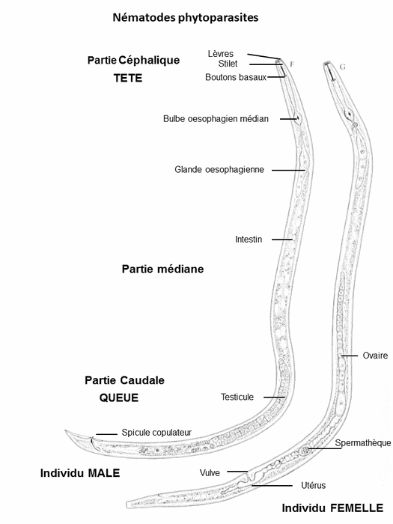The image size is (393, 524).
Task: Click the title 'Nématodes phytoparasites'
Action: pyautogui.click(x=186, y=18)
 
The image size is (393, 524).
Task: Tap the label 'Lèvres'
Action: pyautogui.click(x=221, y=53)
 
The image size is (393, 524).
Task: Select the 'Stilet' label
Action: pyautogui.click(x=228, y=64)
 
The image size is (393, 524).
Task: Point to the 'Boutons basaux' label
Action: pyautogui.click(x=236, y=77)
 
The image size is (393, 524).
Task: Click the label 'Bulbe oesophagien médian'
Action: pyautogui.click(x=216, y=119)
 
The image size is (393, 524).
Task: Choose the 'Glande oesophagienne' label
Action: pyautogui.click(x=219, y=170)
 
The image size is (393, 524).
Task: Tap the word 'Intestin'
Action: pyautogui.click(x=249, y=240)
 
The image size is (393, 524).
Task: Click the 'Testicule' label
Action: pyautogui.click(x=237, y=397)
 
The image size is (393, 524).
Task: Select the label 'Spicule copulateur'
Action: pyautogui.click(x=156, y=433)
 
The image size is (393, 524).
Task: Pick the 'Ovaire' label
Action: pyautogui.click(x=375, y=356)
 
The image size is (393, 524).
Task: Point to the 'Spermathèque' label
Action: pyautogui.click(x=363, y=443)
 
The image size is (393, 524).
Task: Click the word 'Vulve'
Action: pyautogui.click(x=210, y=473)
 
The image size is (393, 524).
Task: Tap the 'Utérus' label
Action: pyautogui.click(x=313, y=485)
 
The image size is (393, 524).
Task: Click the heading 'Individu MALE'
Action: pyautogui.click(x=80, y=473)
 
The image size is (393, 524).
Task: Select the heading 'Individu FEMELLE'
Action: pyautogui.click(x=332, y=508)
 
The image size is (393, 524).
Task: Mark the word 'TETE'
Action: pyautogui.click(x=128, y=78)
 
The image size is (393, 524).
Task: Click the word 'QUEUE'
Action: pyautogui.click(x=118, y=397)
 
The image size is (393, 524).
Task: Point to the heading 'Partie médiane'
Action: pyautogui.click(x=162, y=269)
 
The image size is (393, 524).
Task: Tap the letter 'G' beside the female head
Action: pyautogui.click(x=342, y=67)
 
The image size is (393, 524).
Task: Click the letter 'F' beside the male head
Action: pyautogui.click(x=292, y=64)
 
